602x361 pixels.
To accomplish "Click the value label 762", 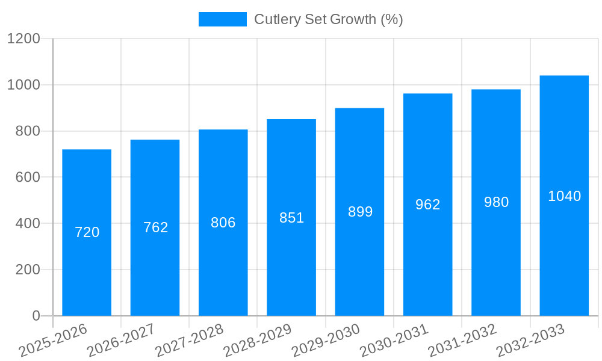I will [155, 227].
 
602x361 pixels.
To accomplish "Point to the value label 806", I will [223, 223].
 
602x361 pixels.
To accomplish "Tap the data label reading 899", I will [360, 212].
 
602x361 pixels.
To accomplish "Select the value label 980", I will [496, 202].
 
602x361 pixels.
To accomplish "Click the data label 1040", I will [564, 196].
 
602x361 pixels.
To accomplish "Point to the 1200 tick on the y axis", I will [23, 39].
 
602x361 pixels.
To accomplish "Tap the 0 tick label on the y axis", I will [36, 316].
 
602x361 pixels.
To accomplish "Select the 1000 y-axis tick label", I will [23, 85].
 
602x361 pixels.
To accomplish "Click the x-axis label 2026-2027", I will [121, 339].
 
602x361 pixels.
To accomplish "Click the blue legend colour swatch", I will [222, 19].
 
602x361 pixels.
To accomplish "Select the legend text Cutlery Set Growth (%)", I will [328, 19].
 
